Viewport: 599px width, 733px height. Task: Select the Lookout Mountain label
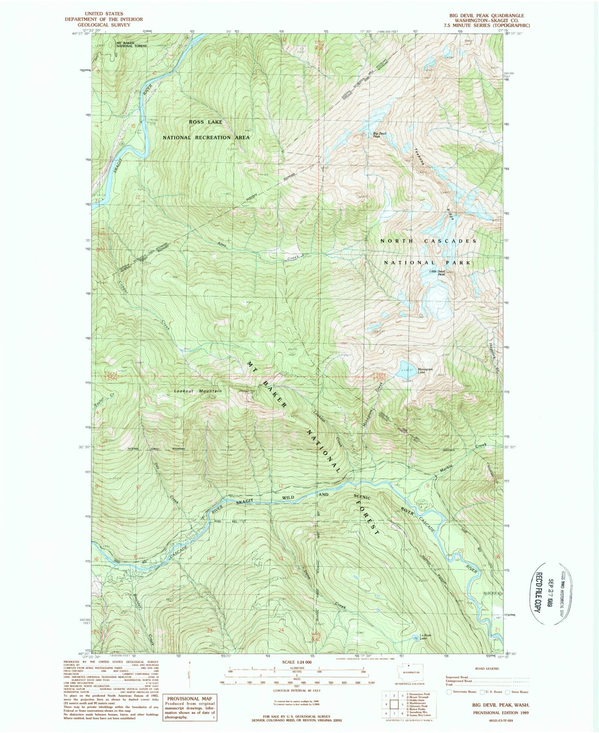click(198, 391)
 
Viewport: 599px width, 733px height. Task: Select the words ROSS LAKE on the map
click(205, 122)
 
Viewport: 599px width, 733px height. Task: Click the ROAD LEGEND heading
click(487, 669)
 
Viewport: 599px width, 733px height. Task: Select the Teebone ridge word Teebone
click(420, 157)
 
